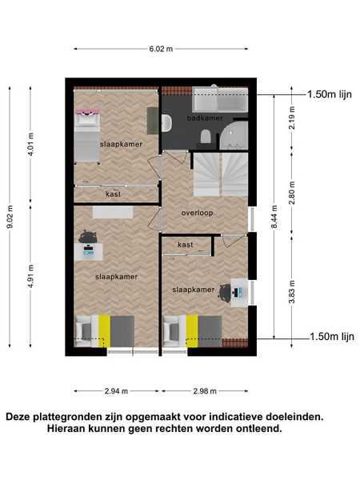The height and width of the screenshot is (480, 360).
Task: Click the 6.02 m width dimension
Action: click(x=161, y=49)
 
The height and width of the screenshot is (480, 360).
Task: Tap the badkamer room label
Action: click(x=205, y=118)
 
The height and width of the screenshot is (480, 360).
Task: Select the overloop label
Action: click(x=197, y=213)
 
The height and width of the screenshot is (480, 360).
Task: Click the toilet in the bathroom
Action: click(x=206, y=136)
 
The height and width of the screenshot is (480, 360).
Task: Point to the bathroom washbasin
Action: click(x=167, y=123)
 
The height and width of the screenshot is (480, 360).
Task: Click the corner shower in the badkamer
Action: click(x=234, y=136)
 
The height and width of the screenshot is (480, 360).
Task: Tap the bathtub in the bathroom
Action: click(x=220, y=99)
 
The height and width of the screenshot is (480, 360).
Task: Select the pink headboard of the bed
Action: click(x=87, y=111)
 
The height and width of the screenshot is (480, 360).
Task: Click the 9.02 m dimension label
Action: click(x=10, y=217)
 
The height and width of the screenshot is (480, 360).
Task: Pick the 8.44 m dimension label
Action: click(x=274, y=217)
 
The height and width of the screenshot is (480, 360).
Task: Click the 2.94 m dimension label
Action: click(x=116, y=391)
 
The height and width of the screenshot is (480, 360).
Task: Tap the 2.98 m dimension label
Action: click(x=205, y=391)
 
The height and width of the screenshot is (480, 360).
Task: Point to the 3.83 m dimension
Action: click(x=292, y=292)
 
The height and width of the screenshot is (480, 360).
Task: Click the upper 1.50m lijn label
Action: click(x=330, y=94)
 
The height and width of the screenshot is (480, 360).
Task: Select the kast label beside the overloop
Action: click(x=186, y=245)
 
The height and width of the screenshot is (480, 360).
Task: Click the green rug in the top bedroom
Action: click(x=152, y=120)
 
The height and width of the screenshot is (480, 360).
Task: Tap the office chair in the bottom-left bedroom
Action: click(x=87, y=237)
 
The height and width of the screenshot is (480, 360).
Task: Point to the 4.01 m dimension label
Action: click(x=30, y=145)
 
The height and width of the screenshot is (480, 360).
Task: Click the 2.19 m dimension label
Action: click(x=292, y=118)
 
